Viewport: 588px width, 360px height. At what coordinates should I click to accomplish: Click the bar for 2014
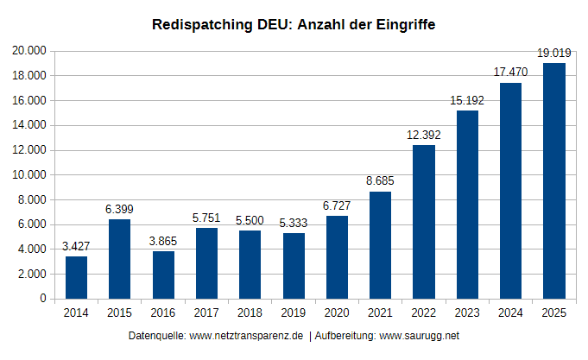point(76,277)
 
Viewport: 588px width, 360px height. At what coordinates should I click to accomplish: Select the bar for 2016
point(163,275)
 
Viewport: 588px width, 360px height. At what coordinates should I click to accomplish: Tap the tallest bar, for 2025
point(553,180)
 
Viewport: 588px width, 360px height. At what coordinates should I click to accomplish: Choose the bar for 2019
point(294,266)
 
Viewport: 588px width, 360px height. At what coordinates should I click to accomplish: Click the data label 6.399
point(119,209)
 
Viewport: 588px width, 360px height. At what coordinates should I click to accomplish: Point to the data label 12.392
point(423,135)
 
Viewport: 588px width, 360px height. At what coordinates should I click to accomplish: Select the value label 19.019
point(553,54)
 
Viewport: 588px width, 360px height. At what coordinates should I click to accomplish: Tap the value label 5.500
point(250,220)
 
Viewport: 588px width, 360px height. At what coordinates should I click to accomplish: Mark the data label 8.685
point(380,181)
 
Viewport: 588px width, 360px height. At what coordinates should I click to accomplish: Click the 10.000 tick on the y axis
point(29,175)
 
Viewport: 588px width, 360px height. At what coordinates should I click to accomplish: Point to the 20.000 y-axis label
point(29,51)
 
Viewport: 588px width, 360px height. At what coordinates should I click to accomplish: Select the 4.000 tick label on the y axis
point(32,249)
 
